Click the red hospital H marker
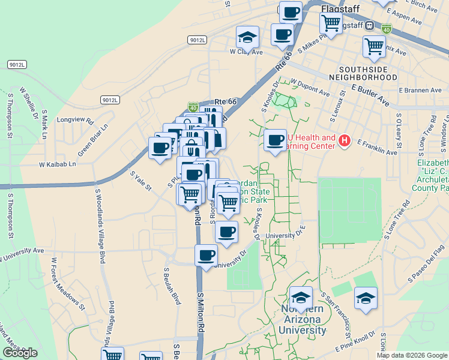pos(345,141)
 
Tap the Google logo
pos(20,353)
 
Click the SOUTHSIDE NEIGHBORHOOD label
pos(367,73)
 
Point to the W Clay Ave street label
pos(247,52)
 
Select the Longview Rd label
pos(76,120)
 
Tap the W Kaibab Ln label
pos(58,164)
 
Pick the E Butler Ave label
pos(370,96)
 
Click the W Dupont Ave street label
pos(310,88)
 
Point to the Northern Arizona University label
pos(303,319)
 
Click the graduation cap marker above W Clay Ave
pos(247,37)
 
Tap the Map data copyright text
pos(411,355)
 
